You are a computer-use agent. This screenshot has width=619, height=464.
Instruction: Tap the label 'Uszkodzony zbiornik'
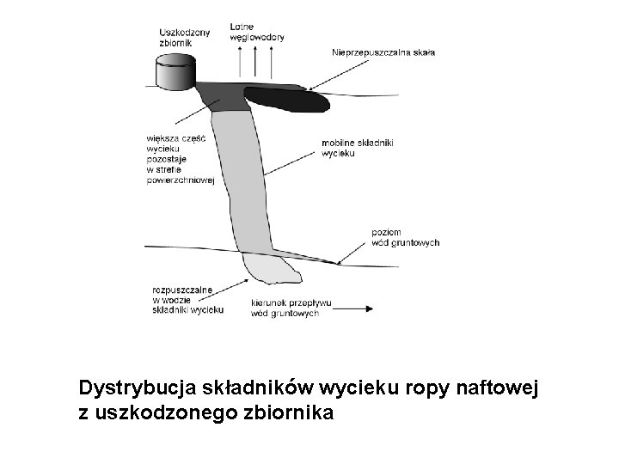(x=184, y=37)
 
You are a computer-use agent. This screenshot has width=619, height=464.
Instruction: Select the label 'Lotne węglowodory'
(x=257, y=33)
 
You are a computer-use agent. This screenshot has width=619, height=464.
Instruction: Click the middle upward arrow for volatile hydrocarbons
(x=257, y=62)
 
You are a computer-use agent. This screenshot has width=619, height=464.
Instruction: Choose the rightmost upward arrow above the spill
(x=271, y=62)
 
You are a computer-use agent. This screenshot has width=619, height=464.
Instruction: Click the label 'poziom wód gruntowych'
(x=405, y=237)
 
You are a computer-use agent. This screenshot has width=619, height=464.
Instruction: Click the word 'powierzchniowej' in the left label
(x=181, y=190)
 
